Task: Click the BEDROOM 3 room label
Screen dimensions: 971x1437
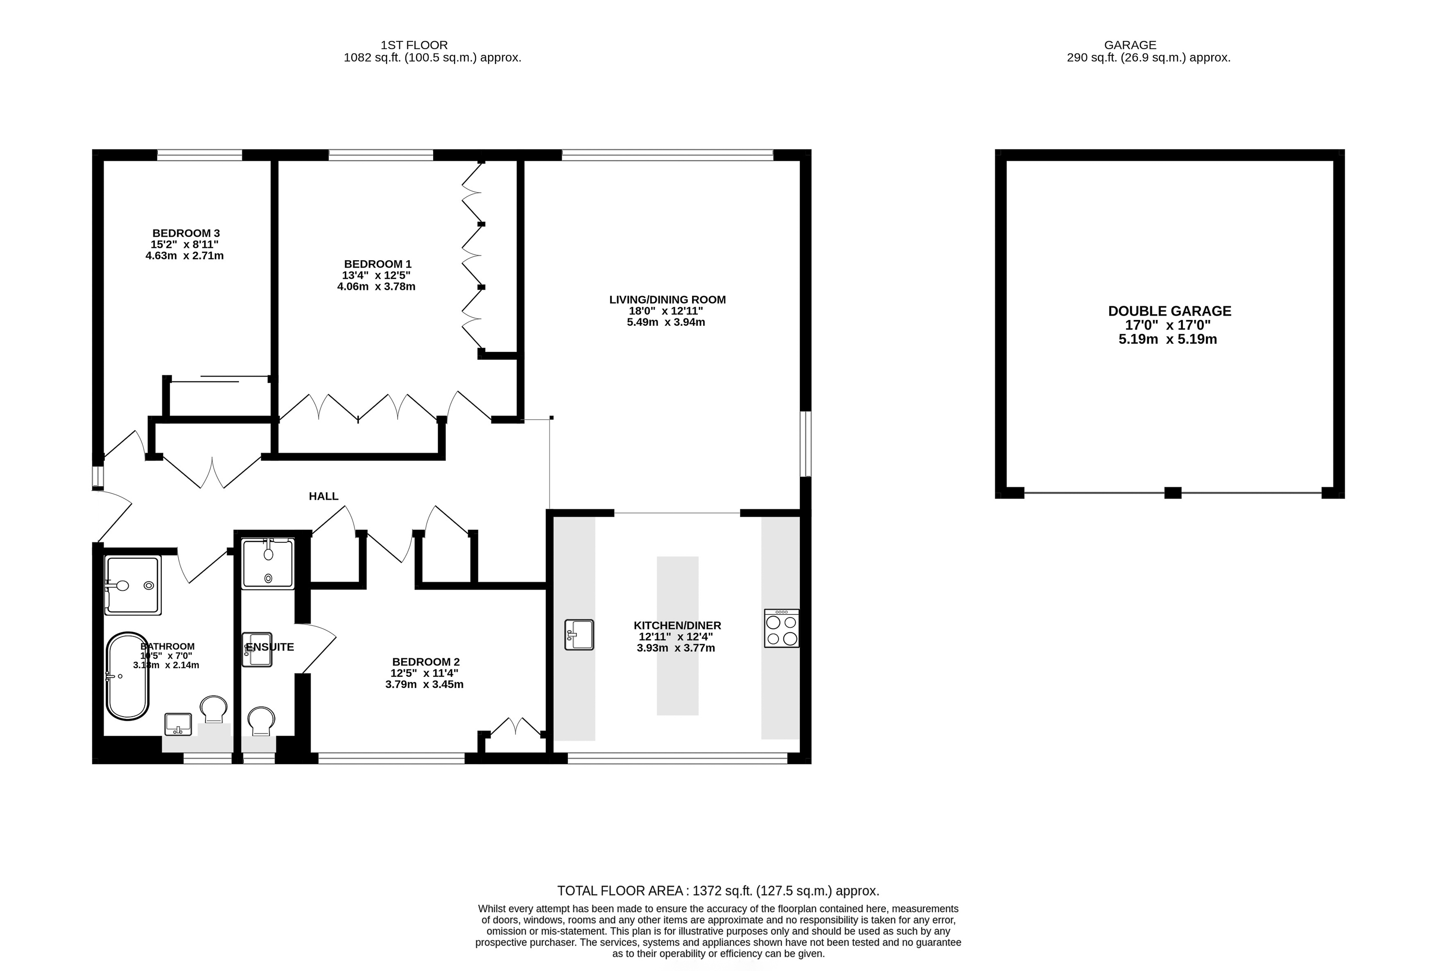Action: tap(186, 233)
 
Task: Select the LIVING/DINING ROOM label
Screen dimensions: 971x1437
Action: tap(667, 300)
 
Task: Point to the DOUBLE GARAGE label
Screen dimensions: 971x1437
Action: tap(1169, 311)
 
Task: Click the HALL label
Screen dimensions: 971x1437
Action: tap(323, 496)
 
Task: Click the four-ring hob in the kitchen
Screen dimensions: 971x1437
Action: tap(781, 629)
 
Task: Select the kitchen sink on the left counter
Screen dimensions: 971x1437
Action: tap(579, 635)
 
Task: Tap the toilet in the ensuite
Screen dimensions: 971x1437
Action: tap(261, 720)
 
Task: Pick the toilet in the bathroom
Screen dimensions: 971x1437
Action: tap(213, 709)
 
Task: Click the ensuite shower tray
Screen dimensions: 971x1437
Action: tap(268, 563)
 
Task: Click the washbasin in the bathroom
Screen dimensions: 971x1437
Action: tap(178, 724)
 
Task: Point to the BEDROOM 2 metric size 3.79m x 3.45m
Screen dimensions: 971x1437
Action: tap(424, 684)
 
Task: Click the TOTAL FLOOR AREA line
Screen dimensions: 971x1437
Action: tap(718, 891)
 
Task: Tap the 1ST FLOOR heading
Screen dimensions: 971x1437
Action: tap(414, 45)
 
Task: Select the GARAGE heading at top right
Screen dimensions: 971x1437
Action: tap(1130, 45)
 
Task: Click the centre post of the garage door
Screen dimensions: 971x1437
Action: tap(1172, 493)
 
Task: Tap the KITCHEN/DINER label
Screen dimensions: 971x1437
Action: tap(677, 625)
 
